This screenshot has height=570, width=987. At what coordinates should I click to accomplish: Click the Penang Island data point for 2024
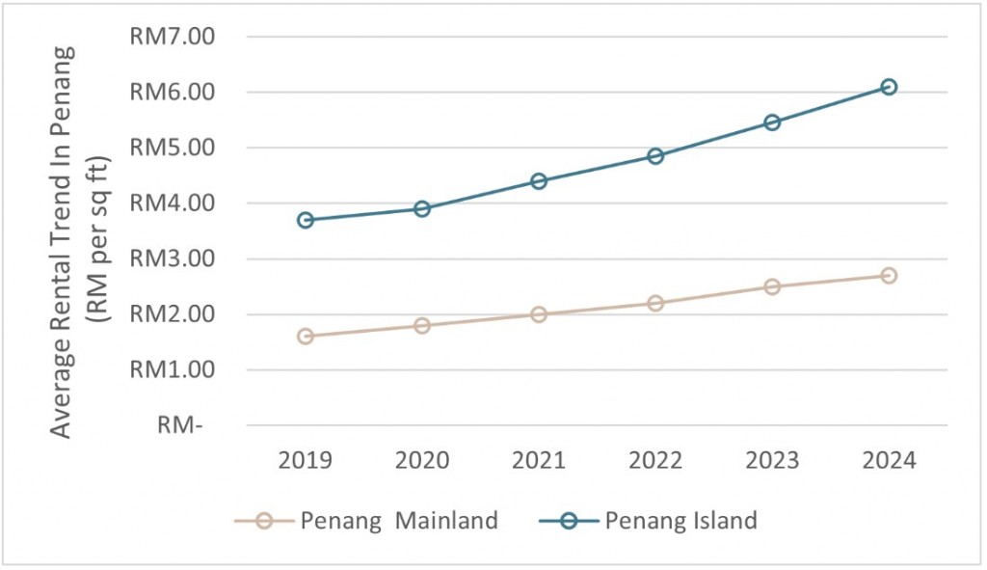point(889,87)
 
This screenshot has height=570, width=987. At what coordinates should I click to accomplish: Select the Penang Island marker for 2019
point(306,220)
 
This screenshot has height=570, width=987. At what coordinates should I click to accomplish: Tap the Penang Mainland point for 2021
point(539,314)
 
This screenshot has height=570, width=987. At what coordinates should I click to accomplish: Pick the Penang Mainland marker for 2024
point(889,276)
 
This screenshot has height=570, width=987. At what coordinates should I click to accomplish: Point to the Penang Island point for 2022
point(655,155)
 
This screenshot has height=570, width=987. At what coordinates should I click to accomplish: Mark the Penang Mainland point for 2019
point(306,337)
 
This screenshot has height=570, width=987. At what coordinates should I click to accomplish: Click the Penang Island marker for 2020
point(422,208)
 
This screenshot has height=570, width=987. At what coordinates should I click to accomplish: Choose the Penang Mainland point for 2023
point(772,286)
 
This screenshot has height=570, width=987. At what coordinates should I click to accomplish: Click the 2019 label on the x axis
point(306,460)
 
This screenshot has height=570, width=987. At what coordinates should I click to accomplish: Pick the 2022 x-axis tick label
point(655,460)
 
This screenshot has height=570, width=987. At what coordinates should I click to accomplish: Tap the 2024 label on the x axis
point(889,460)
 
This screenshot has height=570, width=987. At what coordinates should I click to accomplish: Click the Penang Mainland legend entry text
point(399,521)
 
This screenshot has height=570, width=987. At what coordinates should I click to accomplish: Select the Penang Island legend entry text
point(680,521)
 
